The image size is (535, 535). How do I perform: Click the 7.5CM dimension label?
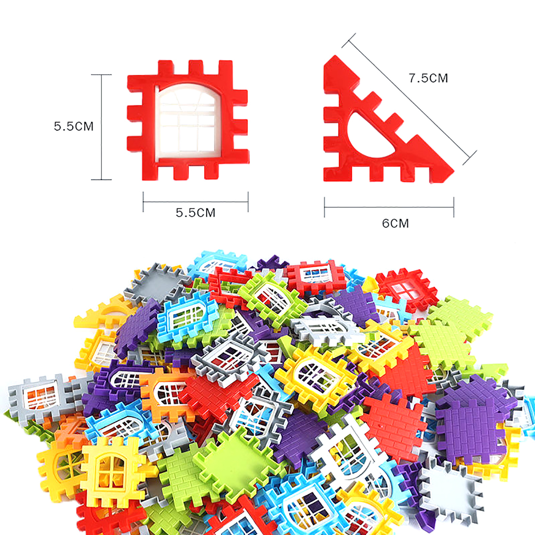pos(428,78)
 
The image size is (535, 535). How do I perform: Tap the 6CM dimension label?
pos(395,223)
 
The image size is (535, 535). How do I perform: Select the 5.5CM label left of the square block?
pos(74,126)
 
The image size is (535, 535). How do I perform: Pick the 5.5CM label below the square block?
pos(196,213)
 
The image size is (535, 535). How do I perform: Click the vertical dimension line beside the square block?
pos(101,127)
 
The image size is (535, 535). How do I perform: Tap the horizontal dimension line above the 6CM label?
pos(389,207)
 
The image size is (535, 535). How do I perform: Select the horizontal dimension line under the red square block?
pos(196,202)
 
